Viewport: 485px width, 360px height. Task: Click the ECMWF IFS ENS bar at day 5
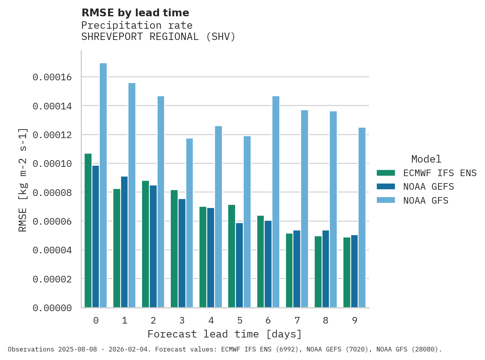(232, 256)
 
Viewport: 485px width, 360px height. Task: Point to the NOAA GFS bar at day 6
(276, 202)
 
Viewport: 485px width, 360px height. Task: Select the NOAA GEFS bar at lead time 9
(354, 271)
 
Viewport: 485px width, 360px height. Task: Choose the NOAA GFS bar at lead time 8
(333, 209)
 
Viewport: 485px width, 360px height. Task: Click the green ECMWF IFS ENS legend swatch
(386, 173)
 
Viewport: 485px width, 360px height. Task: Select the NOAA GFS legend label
(426, 201)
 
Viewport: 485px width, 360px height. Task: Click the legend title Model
(426, 159)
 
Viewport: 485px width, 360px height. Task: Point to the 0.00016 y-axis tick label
(52, 77)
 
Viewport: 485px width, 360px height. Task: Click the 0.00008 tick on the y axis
(52, 192)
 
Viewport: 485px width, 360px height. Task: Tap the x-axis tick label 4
(211, 320)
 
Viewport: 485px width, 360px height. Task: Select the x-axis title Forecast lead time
(224, 334)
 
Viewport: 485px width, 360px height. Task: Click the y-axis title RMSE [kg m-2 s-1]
(23, 180)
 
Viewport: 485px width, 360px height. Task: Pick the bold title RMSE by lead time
(135, 13)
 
